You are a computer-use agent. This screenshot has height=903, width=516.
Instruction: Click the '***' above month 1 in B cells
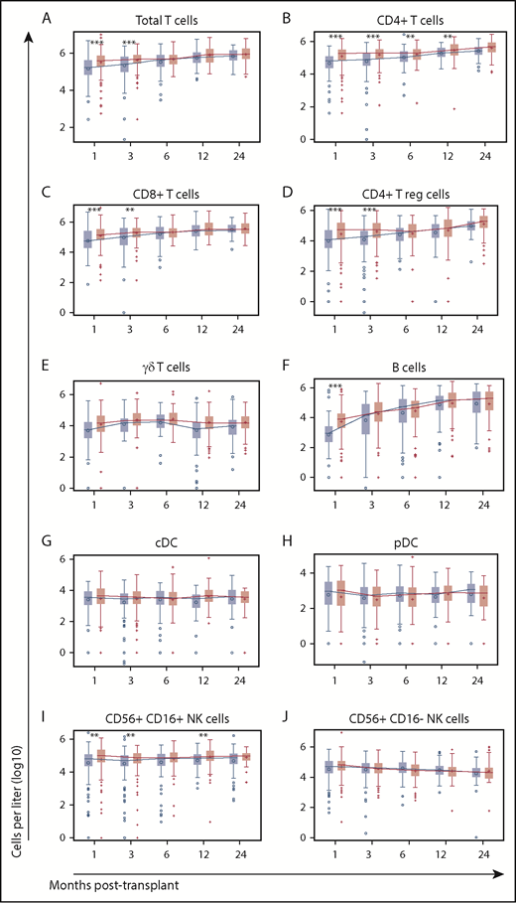coord(336,387)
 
